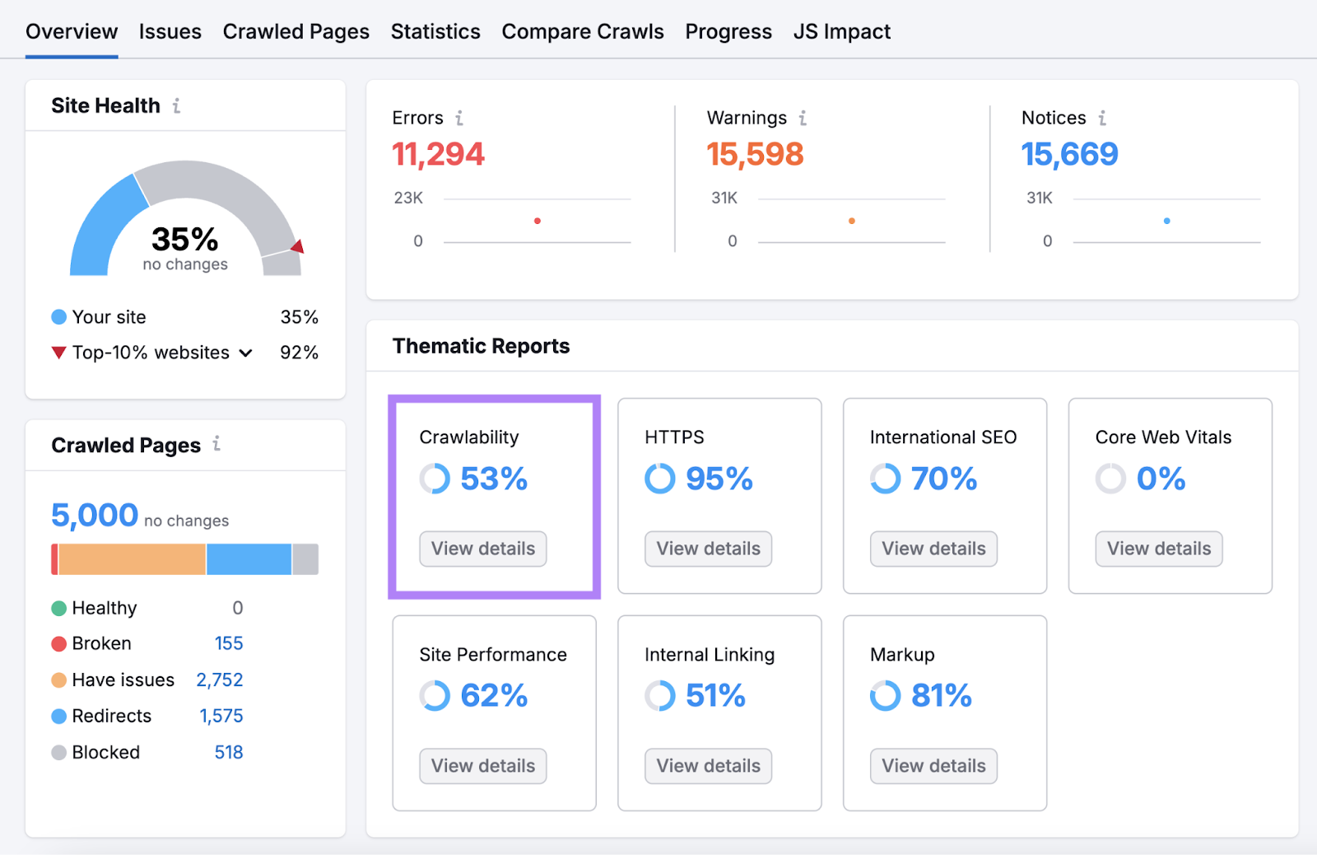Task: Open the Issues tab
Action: (170, 31)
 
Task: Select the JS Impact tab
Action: (841, 31)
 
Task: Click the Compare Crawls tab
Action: (582, 31)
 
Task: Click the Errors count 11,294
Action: (438, 154)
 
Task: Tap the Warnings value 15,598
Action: (754, 154)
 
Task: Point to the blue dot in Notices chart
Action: (1166, 221)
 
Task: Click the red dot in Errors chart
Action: (538, 221)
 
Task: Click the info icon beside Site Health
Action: (176, 105)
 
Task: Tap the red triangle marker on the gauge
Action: (298, 246)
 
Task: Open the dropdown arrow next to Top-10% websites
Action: (245, 353)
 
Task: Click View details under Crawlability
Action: (482, 549)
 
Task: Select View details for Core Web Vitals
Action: (1158, 549)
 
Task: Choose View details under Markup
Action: (933, 766)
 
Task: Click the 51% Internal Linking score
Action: (714, 696)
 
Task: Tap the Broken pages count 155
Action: (228, 643)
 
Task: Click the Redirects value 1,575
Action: (221, 716)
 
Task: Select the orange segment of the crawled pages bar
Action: (132, 559)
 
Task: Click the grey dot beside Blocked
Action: (58, 753)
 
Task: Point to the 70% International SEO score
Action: (943, 479)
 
